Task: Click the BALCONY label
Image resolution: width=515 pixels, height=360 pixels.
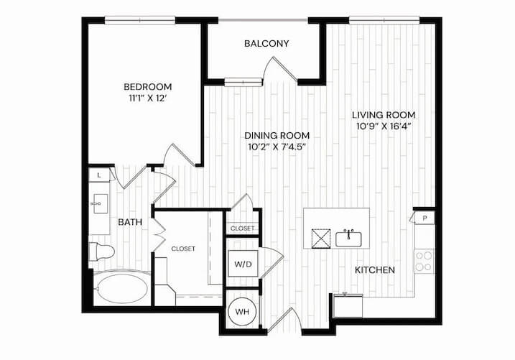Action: (266, 43)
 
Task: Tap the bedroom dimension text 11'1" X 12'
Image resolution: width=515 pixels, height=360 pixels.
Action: (147, 98)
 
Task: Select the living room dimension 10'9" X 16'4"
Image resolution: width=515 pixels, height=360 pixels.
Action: (384, 126)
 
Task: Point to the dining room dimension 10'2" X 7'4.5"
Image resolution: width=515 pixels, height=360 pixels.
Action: (277, 147)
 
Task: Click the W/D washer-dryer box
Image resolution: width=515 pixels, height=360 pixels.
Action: (243, 264)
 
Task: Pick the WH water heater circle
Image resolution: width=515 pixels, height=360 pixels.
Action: (242, 312)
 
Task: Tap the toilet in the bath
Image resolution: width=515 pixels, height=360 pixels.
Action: (101, 252)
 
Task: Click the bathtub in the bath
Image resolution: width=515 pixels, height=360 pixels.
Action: (122, 289)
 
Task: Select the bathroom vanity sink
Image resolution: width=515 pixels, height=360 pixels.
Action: (100, 203)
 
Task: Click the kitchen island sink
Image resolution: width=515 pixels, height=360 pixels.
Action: (348, 239)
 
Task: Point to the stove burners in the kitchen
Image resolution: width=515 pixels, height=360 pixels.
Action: (424, 261)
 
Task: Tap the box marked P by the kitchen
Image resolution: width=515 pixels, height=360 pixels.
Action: (424, 218)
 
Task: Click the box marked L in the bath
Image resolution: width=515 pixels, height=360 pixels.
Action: (99, 175)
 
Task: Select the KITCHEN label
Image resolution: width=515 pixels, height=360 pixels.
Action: (375, 270)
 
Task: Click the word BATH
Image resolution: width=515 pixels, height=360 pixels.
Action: (130, 222)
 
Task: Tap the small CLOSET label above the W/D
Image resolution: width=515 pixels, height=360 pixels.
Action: (242, 229)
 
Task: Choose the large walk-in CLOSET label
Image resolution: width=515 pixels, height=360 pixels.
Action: (183, 249)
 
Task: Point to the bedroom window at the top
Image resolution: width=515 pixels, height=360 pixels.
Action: (140, 20)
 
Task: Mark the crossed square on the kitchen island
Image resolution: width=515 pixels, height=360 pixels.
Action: (321, 239)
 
